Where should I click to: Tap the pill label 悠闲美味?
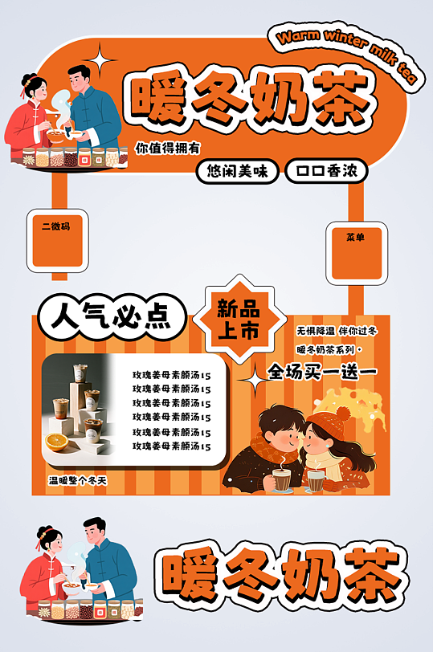pos(238,171)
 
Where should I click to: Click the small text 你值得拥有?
pos(167,148)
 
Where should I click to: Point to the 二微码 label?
pos(56,227)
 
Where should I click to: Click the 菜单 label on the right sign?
pos(355,238)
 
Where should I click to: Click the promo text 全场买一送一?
pos(321,372)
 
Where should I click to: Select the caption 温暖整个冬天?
pos(78,480)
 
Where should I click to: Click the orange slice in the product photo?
pos(56,442)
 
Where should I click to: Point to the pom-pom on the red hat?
pos(342,414)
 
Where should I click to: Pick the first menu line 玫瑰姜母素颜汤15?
pos(171,375)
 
